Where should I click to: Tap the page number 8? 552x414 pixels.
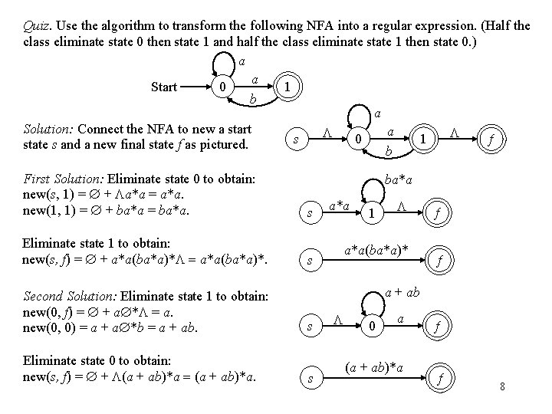coord(502,385)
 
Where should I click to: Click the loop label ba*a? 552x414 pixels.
coord(399,182)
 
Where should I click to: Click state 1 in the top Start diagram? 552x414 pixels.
coord(286,87)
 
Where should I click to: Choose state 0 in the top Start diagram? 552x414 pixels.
coord(222,88)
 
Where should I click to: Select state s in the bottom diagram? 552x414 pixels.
coord(309,379)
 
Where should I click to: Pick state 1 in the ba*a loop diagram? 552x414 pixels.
coord(371,213)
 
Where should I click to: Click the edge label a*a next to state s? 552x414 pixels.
coord(339,205)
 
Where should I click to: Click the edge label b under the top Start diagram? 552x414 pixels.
coord(253,100)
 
